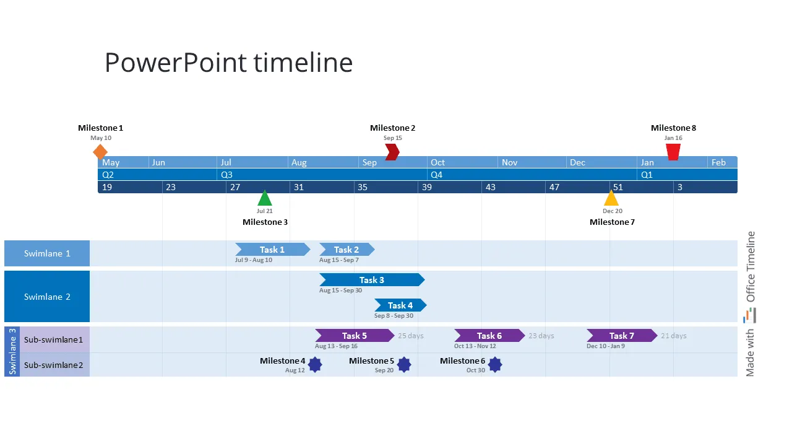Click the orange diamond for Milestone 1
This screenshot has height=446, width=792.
click(x=100, y=152)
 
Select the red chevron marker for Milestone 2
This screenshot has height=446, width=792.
click(x=392, y=152)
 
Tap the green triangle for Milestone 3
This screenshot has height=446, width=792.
click(x=265, y=199)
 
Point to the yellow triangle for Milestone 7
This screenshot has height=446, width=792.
click(x=611, y=199)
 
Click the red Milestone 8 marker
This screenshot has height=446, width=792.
click(x=673, y=152)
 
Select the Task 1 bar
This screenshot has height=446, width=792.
click(x=272, y=250)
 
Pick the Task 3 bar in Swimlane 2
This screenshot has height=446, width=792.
click(x=372, y=280)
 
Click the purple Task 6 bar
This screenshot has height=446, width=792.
click(x=489, y=336)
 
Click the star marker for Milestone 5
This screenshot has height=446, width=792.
click(x=404, y=365)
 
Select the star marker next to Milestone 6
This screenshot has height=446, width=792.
click(x=494, y=365)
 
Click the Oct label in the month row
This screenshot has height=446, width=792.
click(x=437, y=162)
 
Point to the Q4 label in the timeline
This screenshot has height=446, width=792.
click(x=437, y=175)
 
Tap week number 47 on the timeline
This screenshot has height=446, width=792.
click(x=554, y=187)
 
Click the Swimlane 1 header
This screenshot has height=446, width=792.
click(x=47, y=253)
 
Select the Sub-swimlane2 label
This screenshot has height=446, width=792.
click(x=53, y=365)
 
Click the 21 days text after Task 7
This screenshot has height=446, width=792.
click(x=674, y=336)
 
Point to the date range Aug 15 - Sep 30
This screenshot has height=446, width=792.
click(x=340, y=291)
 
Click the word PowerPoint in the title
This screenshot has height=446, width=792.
click(x=174, y=63)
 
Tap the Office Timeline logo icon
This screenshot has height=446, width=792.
click(x=750, y=315)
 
